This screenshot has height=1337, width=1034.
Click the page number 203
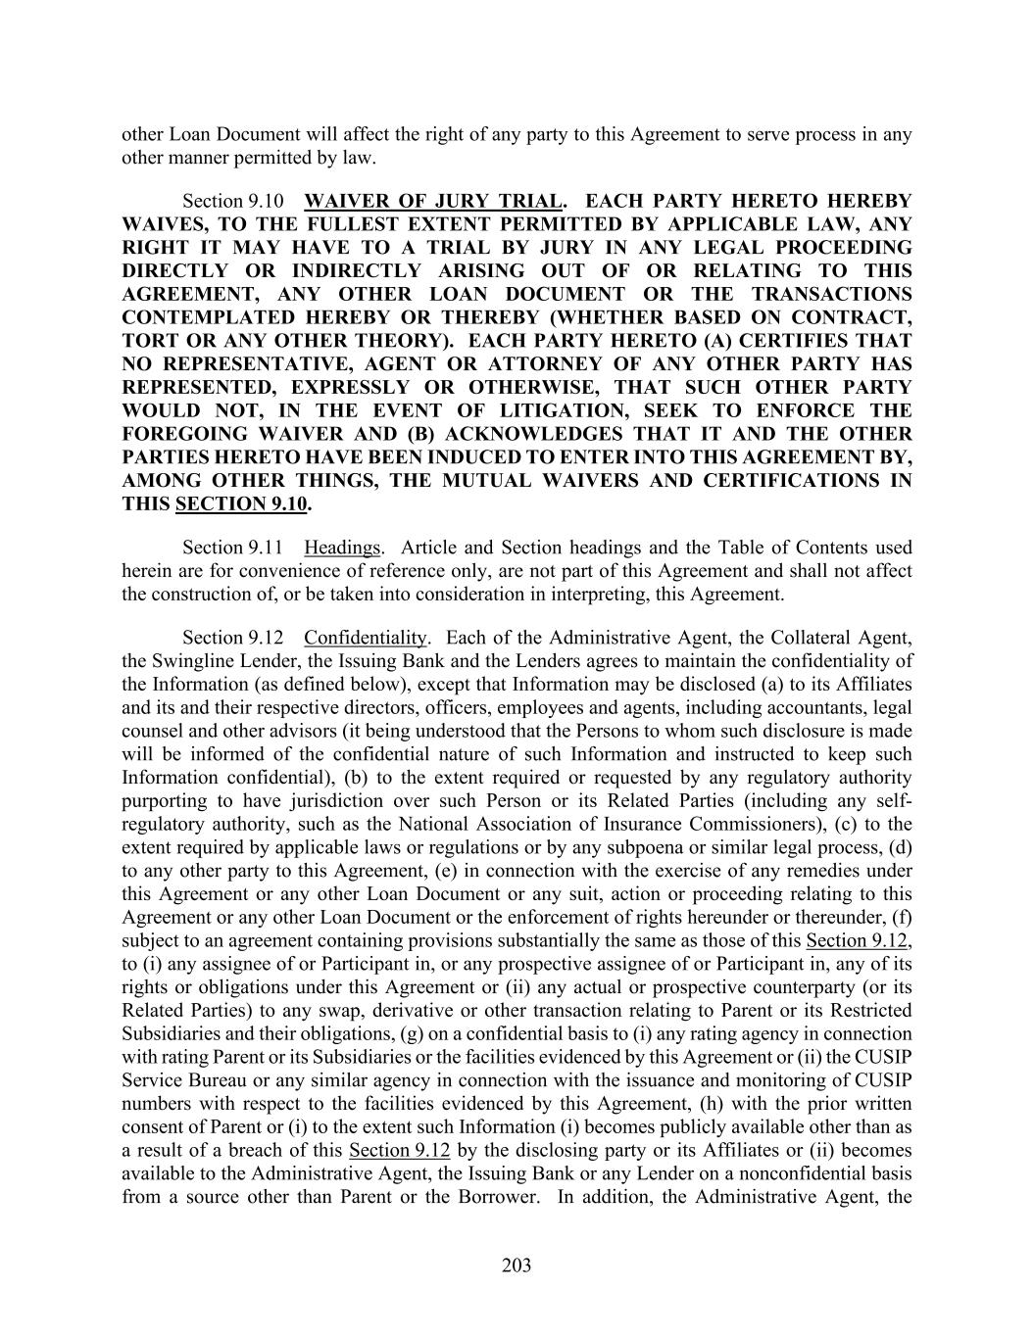tap(517, 1265)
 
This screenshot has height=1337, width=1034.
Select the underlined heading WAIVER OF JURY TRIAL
tap(433, 201)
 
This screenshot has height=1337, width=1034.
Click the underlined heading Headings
tap(342, 548)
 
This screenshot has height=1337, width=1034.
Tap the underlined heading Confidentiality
tap(366, 638)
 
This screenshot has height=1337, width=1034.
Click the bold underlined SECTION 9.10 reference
tap(241, 504)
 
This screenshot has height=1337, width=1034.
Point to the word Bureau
tap(213, 1080)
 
